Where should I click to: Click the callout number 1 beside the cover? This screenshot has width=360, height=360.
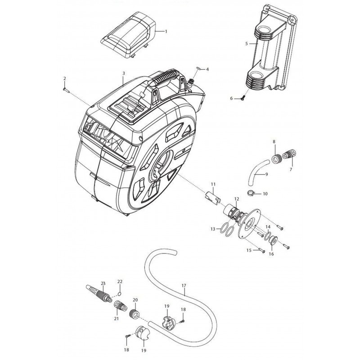coord(166,31)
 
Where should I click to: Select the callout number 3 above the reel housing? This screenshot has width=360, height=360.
coord(123,73)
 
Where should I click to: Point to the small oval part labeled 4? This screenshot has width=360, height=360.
coord(199,68)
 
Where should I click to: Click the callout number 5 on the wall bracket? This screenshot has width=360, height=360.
coord(246,43)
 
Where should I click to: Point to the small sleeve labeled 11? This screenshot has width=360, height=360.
coord(212,197)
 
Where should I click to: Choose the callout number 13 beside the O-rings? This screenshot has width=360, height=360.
coord(212,229)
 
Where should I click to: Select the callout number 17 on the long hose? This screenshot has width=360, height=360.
coord(184,286)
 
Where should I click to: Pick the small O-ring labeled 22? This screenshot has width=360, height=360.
coord(119,294)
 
